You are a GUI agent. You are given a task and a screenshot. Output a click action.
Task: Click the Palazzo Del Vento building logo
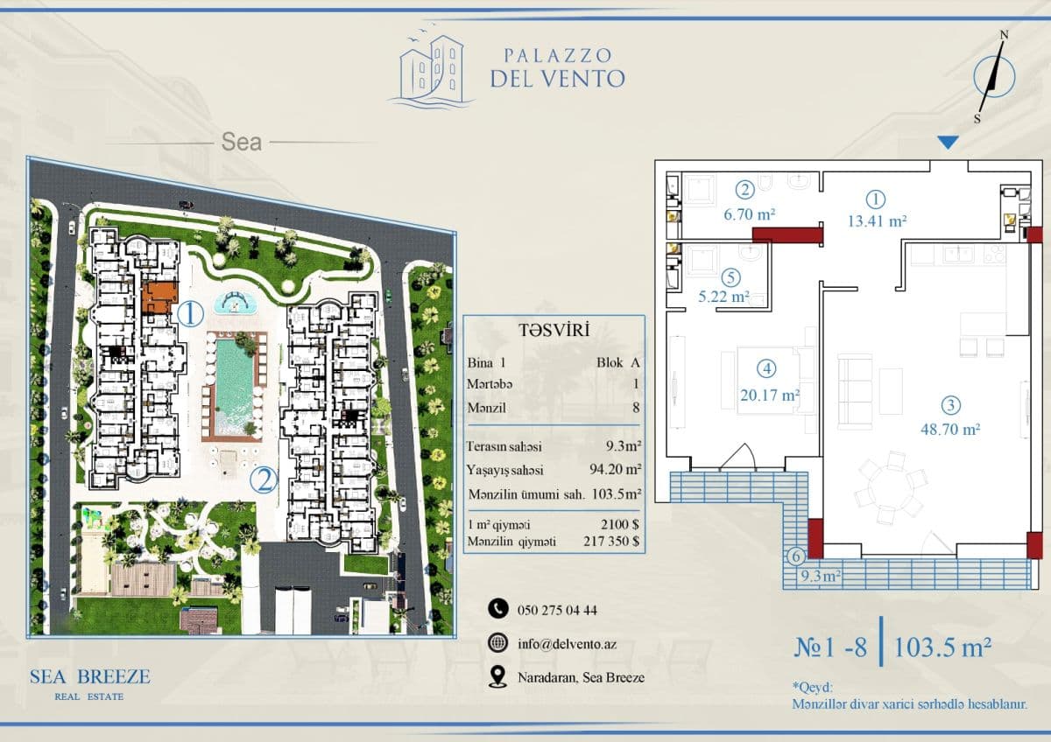click(432, 70)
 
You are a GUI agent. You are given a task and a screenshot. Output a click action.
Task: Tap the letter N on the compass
click(1004, 35)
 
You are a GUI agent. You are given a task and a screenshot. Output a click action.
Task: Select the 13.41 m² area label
click(877, 220)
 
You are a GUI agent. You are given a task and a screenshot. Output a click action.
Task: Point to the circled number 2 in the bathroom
click(744, 190)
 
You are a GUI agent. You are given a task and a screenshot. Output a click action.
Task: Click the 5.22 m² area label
click(723, 297)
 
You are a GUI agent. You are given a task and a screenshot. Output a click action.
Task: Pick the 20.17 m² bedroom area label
click(770, 395)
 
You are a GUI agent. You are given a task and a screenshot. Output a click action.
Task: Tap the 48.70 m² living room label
click(950, 429)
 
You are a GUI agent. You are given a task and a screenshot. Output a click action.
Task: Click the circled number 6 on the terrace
click(796, 556)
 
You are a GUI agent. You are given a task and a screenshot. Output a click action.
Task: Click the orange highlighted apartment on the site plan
click(160, 297)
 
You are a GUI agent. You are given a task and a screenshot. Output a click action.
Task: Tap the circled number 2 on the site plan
click(264, 480)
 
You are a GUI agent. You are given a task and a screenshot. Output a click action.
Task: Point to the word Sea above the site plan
click(242, 142)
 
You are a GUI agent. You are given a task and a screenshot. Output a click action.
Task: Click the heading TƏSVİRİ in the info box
click(554, 331)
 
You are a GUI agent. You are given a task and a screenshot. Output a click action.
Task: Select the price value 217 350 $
click(611, 542)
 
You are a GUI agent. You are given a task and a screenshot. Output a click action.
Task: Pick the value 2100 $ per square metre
click(620, 524)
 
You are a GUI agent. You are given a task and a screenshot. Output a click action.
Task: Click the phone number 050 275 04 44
click(557, 610)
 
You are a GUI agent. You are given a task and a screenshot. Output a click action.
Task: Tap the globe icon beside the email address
click(497, 642)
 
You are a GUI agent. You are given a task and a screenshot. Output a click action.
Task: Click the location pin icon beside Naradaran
click(497, 677)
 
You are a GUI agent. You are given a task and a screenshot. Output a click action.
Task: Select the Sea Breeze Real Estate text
click(90, 684)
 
